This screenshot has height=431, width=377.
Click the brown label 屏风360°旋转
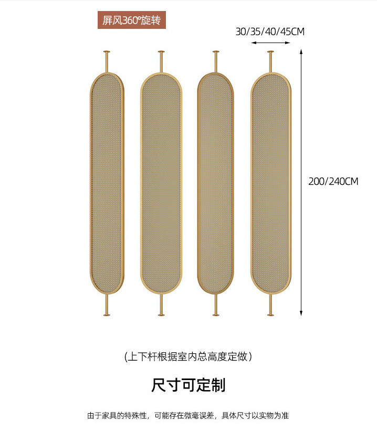(x=132, y=21)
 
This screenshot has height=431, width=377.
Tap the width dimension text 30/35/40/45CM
(x=270, y=31)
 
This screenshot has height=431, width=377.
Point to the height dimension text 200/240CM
(x=333, y=181)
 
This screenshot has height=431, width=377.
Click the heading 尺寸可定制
(x=188, y=385)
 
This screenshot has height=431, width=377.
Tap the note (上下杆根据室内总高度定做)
(x=188, y=357)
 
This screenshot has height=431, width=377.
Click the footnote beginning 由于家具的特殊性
(x=188, y=416)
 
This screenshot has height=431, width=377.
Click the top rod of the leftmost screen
(x=107, y=61)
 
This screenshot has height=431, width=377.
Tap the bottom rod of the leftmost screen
(x=107, y=304)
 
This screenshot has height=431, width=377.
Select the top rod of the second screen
(x=161, y=61)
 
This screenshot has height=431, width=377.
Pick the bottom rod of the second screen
(x=161, y=304)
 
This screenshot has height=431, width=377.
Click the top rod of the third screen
(x=215, y=61)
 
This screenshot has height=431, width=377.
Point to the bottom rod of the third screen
(x=215, y=304)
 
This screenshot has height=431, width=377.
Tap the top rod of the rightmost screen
(x=270, y=61)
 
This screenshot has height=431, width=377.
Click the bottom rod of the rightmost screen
(x=270, y=304)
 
